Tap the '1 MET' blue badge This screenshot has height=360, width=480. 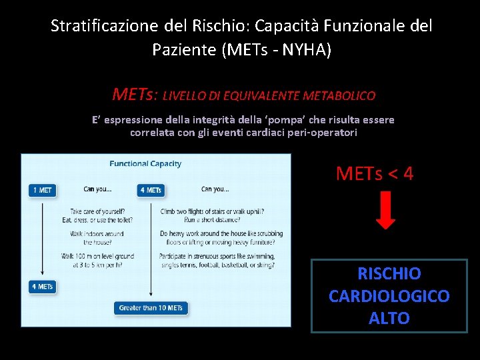(42, 190)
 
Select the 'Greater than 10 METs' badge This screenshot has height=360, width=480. (151, 308)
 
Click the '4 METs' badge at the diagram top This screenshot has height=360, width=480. (150, 190)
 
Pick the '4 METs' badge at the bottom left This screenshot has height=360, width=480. (42, 287)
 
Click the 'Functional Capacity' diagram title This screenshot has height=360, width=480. (145, 164)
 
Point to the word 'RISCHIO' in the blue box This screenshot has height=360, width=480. (389, 274)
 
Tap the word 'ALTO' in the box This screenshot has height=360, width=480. (389, 319)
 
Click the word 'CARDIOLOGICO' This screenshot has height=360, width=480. (389, 296)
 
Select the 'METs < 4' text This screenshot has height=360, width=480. (375, 174)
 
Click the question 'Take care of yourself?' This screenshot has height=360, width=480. (97, 211)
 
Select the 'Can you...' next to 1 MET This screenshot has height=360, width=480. (97, 189)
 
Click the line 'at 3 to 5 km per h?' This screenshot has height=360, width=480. (97, 265)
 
